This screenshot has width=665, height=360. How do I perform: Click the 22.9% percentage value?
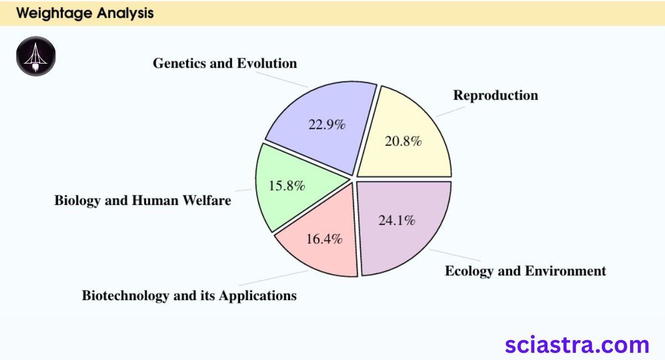327,125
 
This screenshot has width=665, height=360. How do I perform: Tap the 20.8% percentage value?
403,141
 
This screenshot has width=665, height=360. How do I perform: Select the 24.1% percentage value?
397,220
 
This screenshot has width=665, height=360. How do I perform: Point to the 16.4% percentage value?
324,239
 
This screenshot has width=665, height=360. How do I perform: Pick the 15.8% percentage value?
287,186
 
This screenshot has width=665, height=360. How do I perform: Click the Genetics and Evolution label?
224,63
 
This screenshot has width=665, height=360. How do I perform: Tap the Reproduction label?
495,95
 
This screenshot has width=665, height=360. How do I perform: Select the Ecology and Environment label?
525,271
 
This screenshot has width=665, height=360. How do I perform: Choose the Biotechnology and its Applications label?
189,295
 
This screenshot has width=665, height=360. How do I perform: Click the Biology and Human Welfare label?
142,200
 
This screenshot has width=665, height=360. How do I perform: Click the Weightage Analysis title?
85,13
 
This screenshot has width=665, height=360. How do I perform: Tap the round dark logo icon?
36,56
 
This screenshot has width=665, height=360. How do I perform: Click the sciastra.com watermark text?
577,344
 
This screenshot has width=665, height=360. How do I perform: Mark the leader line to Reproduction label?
450,111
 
